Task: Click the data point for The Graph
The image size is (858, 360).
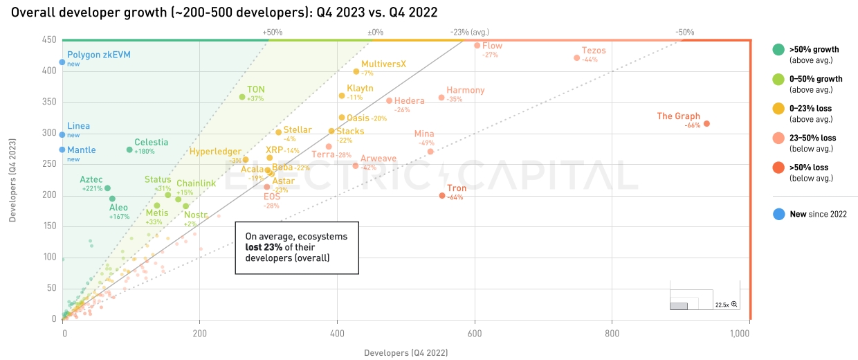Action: (x=706, y=124)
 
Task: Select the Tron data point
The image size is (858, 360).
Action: (x=442, y=196)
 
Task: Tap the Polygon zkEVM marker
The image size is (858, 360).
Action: (x=62, y=62)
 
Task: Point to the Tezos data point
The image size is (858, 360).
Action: (x=577, y=58)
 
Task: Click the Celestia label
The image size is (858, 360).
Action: (x=151, y=142)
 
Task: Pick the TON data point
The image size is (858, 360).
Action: (x=242, y=97)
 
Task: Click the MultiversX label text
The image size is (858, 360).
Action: (x=383, y=64)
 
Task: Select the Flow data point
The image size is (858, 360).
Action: (x=477, y=46)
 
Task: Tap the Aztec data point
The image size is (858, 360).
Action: (x=107, y=188)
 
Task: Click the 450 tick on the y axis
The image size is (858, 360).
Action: (x=48, y=40)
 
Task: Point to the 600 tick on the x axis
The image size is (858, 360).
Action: (x=475, y=333)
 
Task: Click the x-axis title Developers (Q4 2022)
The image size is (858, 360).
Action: (x=405, y=352)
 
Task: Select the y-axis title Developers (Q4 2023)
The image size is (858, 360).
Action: (x=13, y=178)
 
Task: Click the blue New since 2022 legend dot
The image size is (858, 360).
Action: (x=778, y=215)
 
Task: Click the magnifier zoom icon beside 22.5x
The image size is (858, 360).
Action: (x=734, y=305)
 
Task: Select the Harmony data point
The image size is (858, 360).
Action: (x=441, y=98)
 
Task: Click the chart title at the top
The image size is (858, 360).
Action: (x=224, y=12)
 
